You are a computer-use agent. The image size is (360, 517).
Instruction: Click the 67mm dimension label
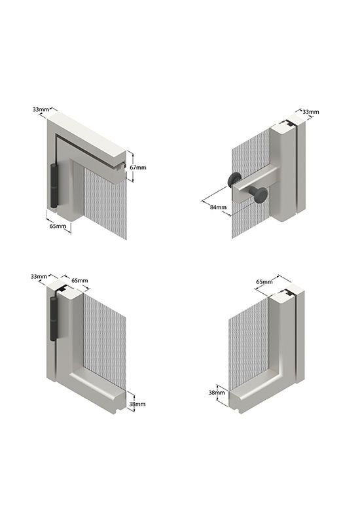coord(138,168)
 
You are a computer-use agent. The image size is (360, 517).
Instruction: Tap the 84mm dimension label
coord(218,207)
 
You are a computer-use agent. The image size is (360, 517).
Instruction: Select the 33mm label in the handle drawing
coord(311,112)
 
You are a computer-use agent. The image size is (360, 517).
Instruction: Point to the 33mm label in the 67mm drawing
coord(41,109)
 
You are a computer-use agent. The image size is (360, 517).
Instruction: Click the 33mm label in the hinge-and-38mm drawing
coord(39,276)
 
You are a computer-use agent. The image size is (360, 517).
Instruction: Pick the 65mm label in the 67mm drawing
coord(58,226)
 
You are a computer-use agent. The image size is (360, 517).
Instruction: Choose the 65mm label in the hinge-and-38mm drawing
coord(80,281)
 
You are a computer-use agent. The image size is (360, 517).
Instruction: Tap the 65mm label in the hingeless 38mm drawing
coord(264,282)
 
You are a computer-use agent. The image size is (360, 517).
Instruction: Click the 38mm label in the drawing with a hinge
coord(137,404)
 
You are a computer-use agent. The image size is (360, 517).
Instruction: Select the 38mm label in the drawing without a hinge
coord(217,393)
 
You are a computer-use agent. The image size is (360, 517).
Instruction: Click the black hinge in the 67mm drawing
coord(54,185)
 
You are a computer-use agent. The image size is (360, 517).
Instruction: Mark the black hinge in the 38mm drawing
coord(54,318)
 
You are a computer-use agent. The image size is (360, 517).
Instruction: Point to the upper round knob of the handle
coord(235,180)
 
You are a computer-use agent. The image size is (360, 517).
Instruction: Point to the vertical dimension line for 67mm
coord(132,166)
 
